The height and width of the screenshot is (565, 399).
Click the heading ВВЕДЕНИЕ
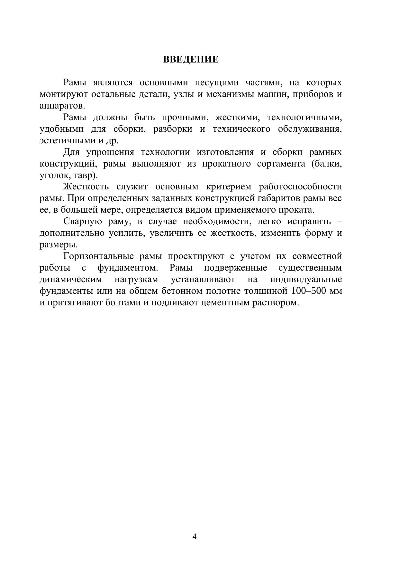[191, 60]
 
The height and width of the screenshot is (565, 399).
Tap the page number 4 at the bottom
[194, 536]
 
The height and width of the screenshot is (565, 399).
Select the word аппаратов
[62, 106]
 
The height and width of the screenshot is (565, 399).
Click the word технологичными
[304, 118]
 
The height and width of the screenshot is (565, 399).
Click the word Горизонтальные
[99, 257]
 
